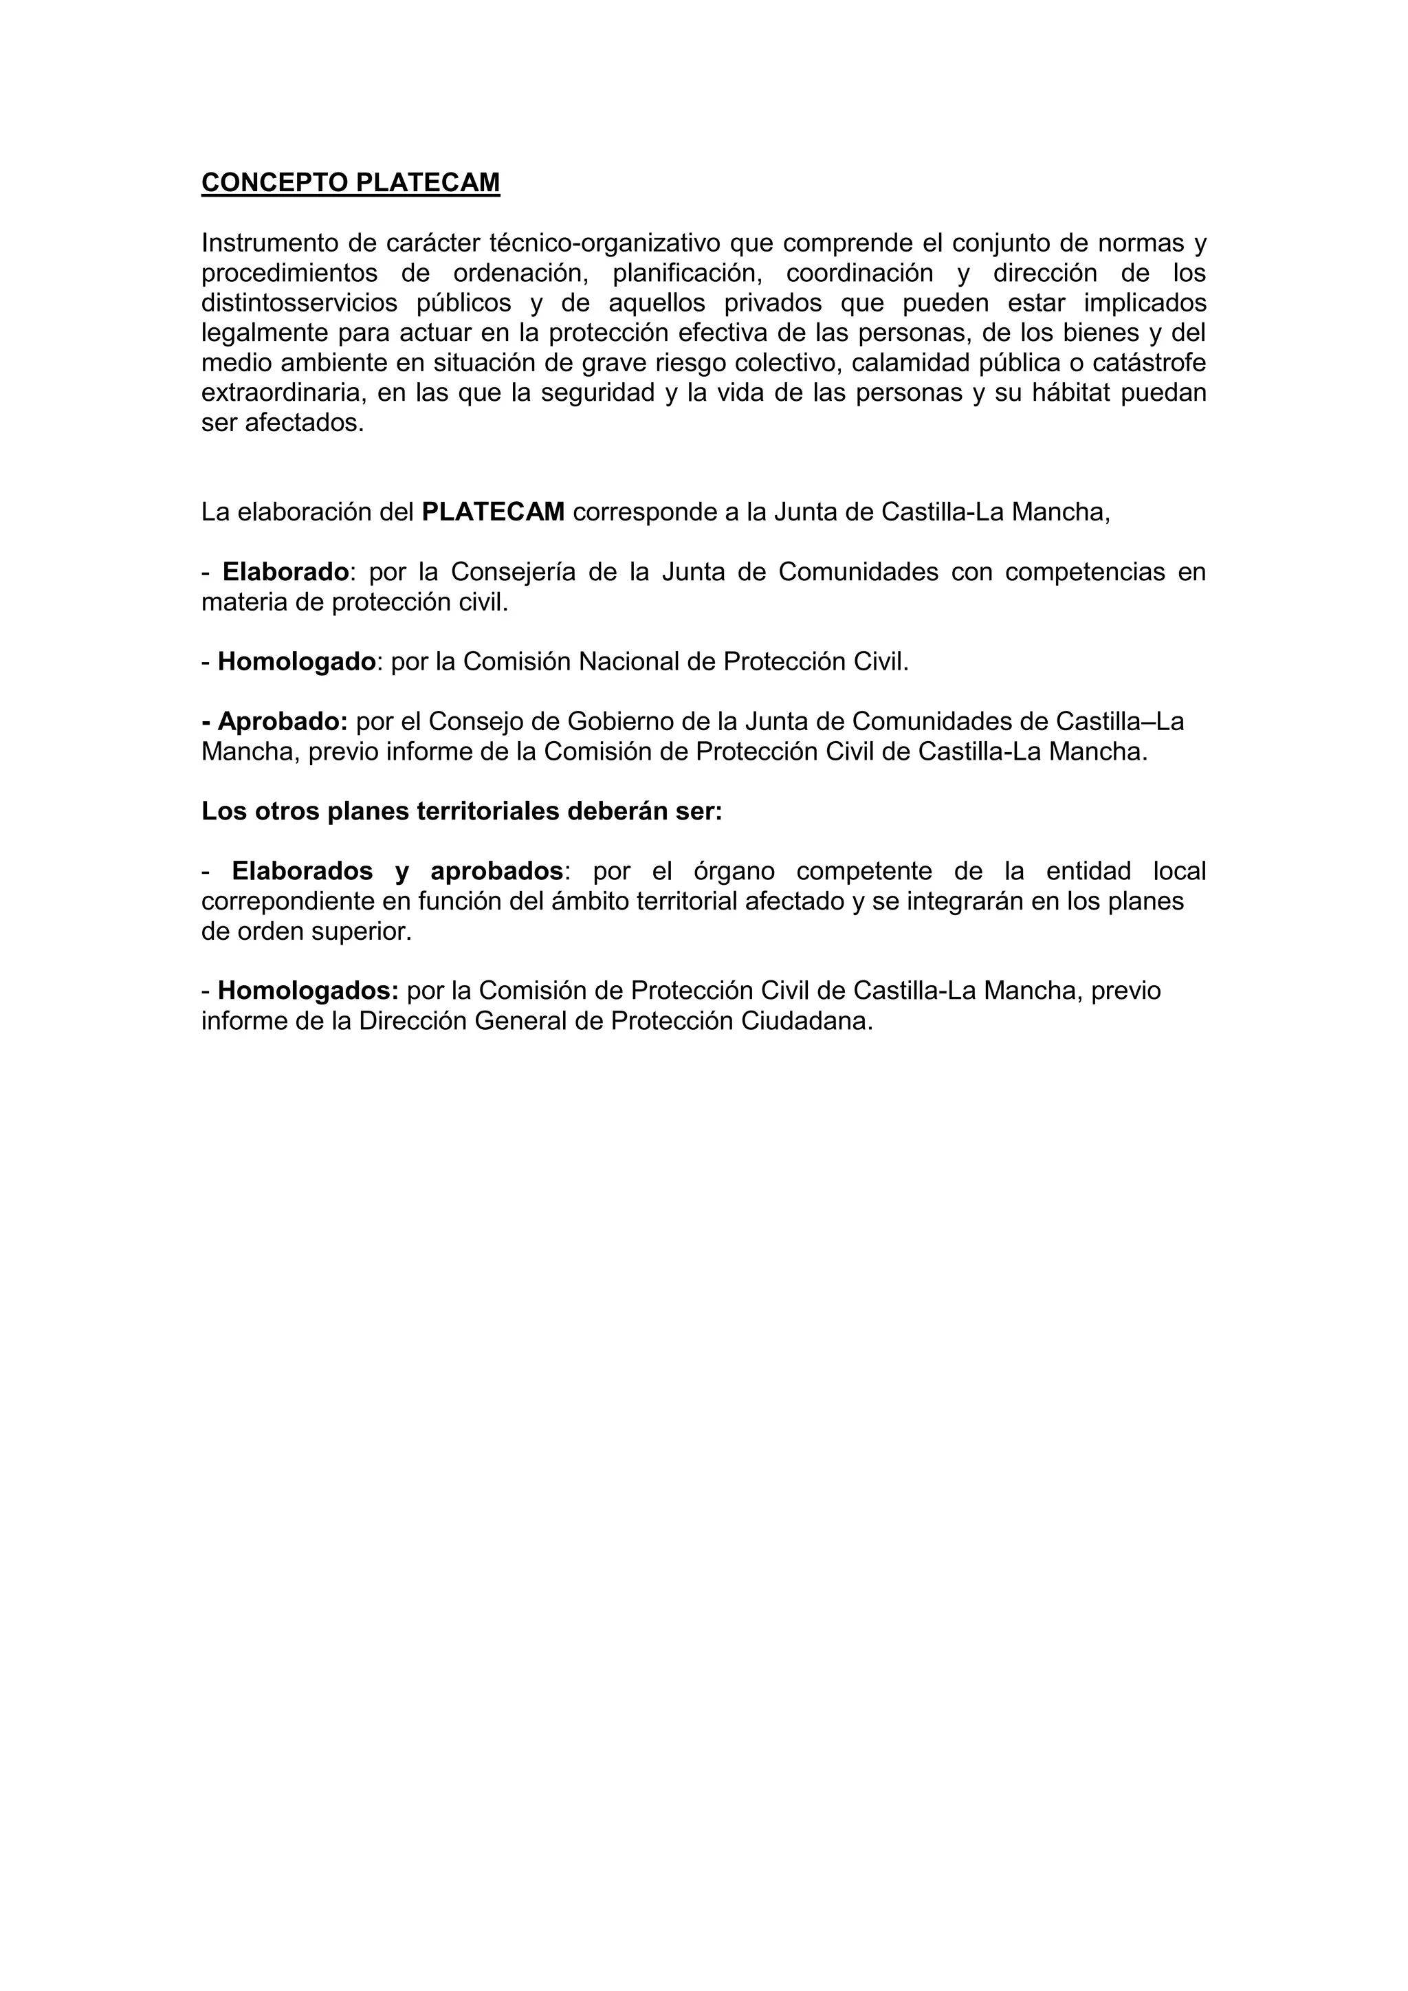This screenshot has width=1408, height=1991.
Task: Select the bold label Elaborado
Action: click(x=285, y=572)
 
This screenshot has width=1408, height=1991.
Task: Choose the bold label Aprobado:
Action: click(x=281, y=721)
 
